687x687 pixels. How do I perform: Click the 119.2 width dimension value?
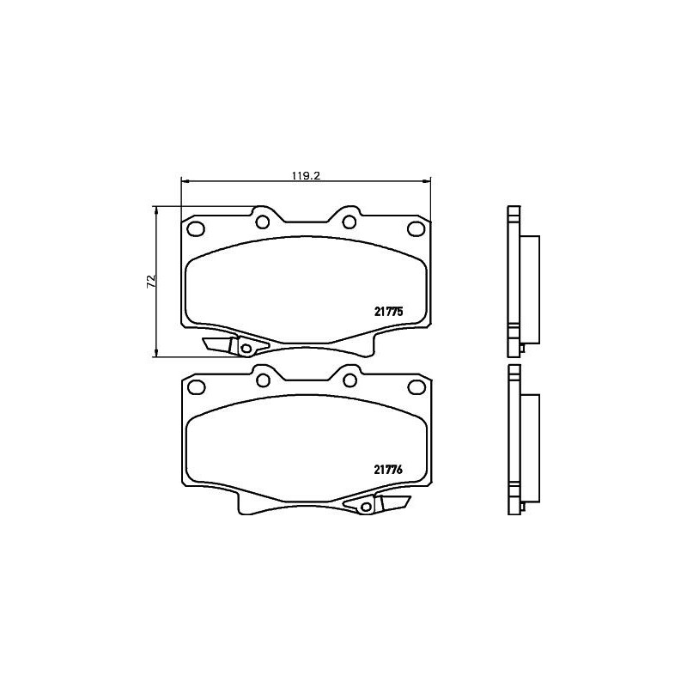click(306, 175)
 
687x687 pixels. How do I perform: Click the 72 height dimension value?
click(150, 280)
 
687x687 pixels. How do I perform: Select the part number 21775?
click(389, 313)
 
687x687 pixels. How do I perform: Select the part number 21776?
click(389, 469)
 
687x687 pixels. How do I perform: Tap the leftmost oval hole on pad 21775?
click(194, 229)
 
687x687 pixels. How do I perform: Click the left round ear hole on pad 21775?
click(263, 222)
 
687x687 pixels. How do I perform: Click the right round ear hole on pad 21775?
click(349, 222)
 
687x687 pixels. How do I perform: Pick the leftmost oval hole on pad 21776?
click(194, 386)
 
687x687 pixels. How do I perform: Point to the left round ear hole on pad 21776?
click(263, 379)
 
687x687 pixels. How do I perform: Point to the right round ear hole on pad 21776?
click(349, 379)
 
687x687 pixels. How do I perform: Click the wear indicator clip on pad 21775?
click(233, 345)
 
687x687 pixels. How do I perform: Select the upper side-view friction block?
click(531, 288)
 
